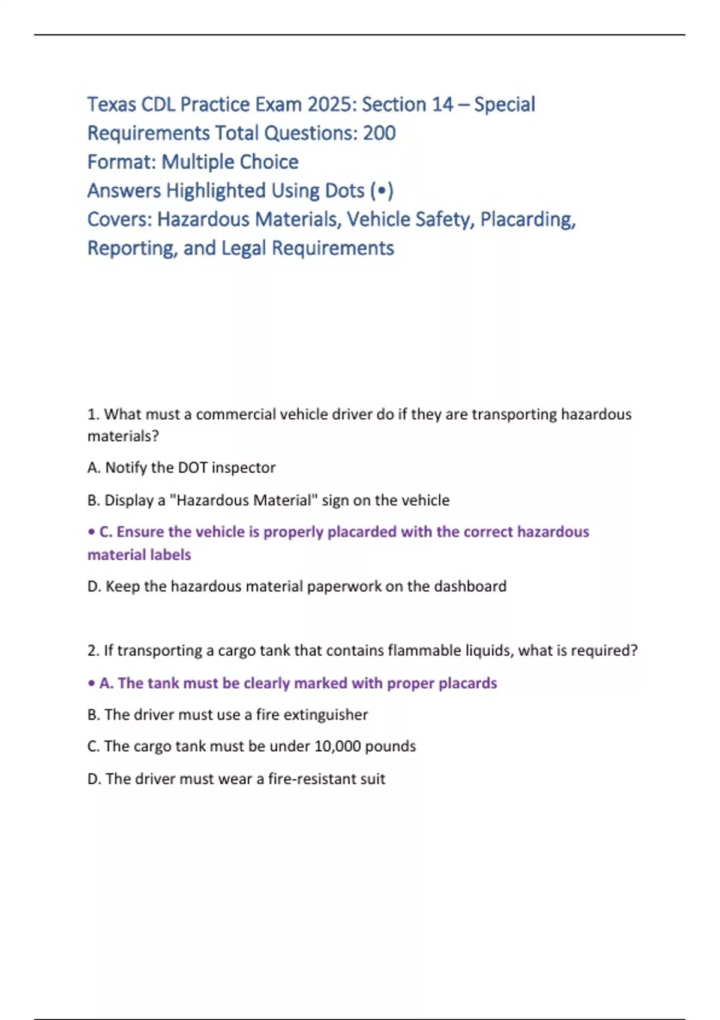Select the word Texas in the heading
pyautogui.click(x=112, y=104)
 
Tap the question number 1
pyautogui.click(x=92, y=415)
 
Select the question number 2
pyautogui.click(x=92, y=651)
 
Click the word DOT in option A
pyautogui.click(x=193, y=468)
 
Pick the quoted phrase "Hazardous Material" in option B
pyautogui.click(x=244, y=500)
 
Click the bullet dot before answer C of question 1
pyautogui.click(x=91, y=532)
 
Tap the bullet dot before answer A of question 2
pyautogui.click(x=91, y=683)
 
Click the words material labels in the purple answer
pyautogui.click(x=139, y=555)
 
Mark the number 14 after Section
pyautogui.click(x=442, y=104)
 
